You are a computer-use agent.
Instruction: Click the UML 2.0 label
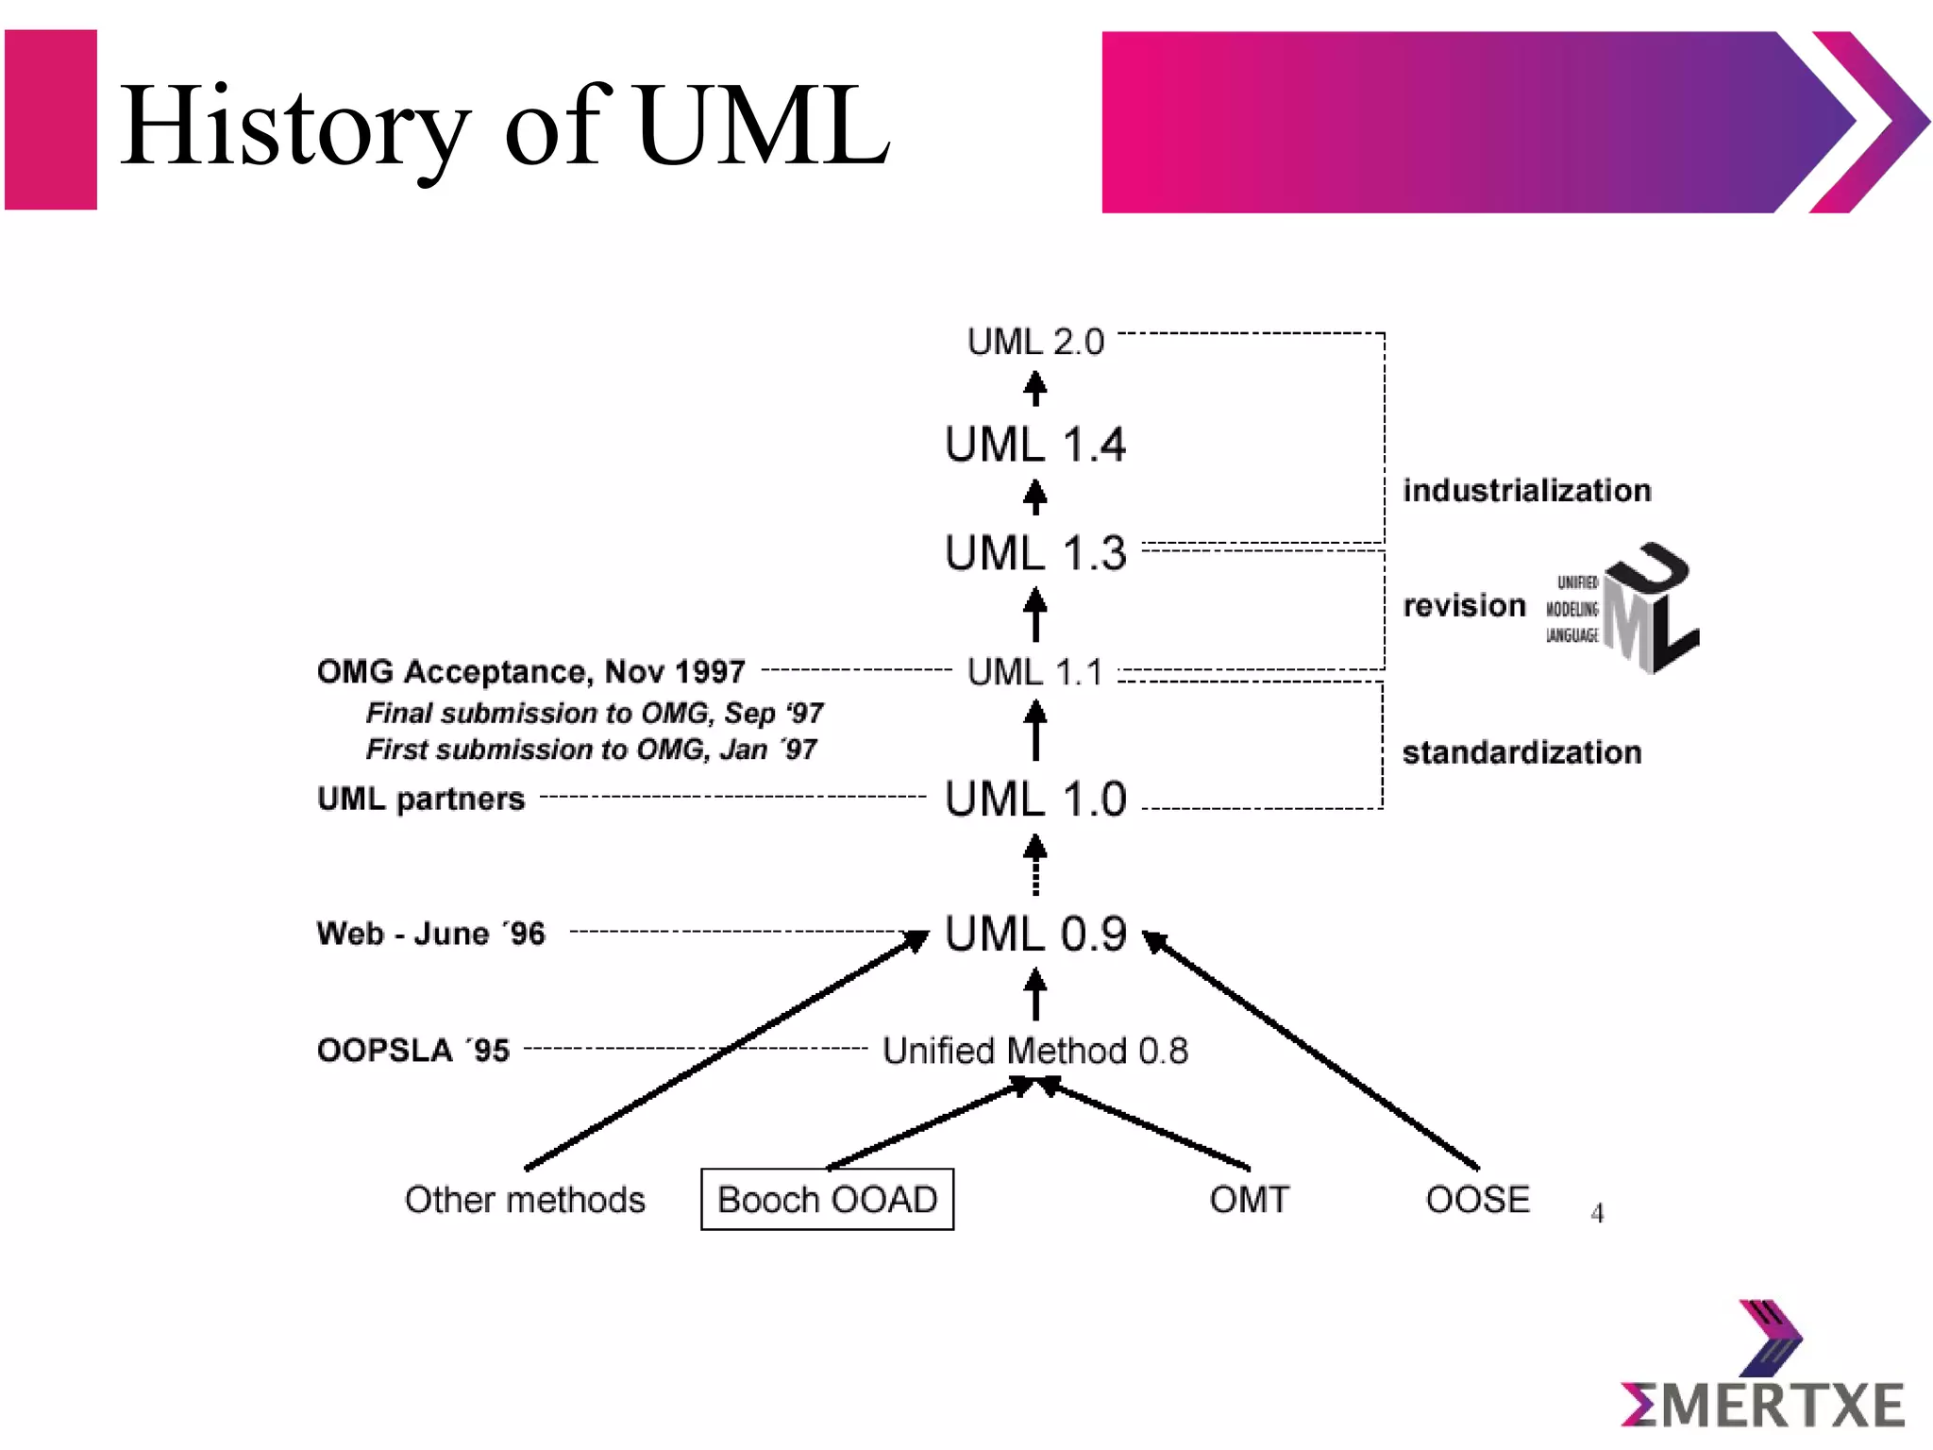(1035, 342)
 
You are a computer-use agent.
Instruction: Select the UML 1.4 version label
(1035, 445)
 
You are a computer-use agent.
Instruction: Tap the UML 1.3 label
(1035, 553)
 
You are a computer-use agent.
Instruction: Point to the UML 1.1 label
(1035, 672)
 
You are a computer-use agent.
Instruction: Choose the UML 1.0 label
(1035, 799)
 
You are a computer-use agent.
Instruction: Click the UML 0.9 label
(1035, 934)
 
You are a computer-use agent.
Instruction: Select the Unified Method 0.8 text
(1035, 1051)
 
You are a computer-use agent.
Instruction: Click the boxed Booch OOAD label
(827, 1199)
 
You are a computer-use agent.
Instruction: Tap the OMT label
(1249, 1200)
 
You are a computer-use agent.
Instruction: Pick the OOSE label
(1477, 1200)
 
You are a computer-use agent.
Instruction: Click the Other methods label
(525, 1200)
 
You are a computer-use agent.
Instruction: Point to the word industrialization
(1526, 491)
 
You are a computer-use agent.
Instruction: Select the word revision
(1464, 605)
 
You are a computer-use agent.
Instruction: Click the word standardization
(1521, 752)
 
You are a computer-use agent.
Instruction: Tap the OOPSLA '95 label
(413, 1050)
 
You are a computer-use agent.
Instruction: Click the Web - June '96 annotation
(431, 934)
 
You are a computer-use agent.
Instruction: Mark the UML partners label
(421, 799)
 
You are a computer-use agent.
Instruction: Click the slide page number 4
(1597, 1213)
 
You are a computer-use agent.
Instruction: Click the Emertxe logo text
(1762, 1406)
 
